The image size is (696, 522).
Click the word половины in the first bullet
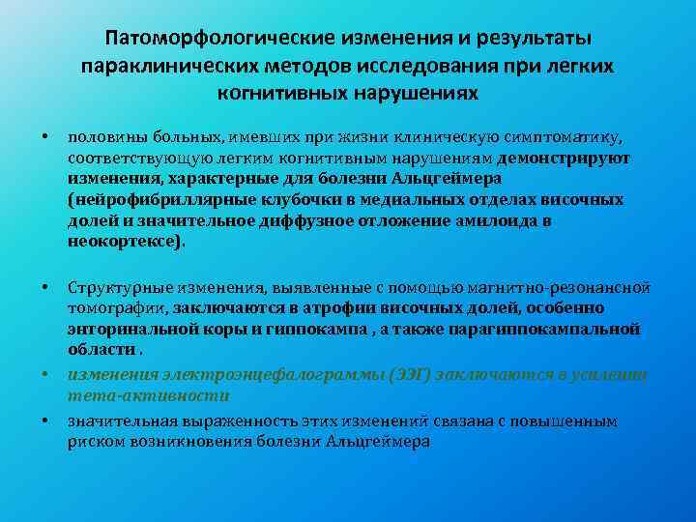tap(100, 137)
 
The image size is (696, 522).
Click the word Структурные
tap(112, 287)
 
